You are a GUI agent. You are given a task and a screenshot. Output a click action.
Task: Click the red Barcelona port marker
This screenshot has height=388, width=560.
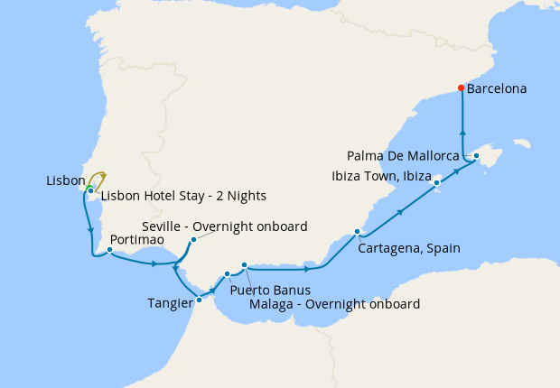tap(462, 88)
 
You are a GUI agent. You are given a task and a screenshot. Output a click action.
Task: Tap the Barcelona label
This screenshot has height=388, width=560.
tap(497, 89)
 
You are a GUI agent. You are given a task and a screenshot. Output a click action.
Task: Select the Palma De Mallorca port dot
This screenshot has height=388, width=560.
tap(476, 156)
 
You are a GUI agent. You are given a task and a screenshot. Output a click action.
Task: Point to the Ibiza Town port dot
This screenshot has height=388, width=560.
tap(437, 182)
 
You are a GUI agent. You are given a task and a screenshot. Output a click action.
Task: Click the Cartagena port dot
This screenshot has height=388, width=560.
tap(357, 232)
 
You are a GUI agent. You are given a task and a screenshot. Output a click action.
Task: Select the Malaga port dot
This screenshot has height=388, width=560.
tap(244, 264)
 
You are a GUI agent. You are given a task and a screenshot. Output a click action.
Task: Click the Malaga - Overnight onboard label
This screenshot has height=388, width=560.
tap(334, 304)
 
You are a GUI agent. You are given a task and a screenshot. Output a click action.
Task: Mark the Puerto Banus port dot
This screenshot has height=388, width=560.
tap(227, 273)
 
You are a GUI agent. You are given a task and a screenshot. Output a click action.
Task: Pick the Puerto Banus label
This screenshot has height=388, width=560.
tap(270, 291)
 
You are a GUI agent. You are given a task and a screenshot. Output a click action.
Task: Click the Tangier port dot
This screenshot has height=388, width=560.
tap(199, 288)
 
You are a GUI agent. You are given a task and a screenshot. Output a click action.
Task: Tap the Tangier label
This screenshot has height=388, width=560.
tap(169, 303)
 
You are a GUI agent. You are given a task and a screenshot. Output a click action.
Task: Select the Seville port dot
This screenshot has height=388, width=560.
tap(193, 240)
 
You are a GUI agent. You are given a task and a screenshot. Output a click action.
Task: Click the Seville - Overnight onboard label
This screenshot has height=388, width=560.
tap(225, 226)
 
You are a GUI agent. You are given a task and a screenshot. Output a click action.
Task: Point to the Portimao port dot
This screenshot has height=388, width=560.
tap(109, 250)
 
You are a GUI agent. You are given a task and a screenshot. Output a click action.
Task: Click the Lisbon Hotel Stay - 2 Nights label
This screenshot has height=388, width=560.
tap(183, 196)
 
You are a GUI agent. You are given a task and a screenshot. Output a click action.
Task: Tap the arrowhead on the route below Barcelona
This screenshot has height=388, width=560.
tap(462, 130)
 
